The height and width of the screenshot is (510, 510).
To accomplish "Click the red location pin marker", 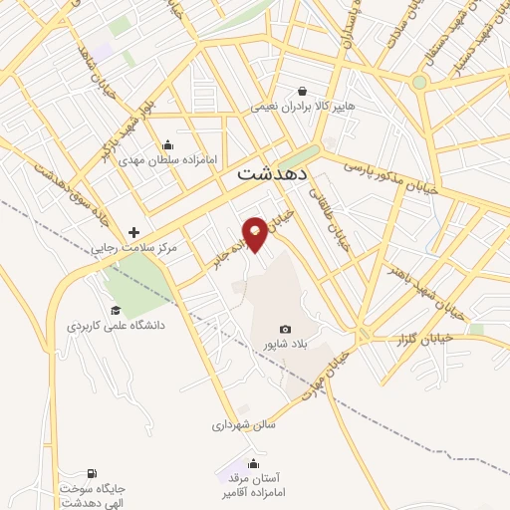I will click(256, 233).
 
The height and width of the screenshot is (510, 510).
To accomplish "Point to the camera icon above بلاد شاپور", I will click(286, 330).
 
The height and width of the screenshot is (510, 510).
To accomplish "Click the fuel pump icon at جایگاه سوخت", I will click(93, 472).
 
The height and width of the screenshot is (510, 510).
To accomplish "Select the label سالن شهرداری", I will click(242, 424).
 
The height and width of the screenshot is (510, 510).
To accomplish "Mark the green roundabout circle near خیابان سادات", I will click(419, 82).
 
